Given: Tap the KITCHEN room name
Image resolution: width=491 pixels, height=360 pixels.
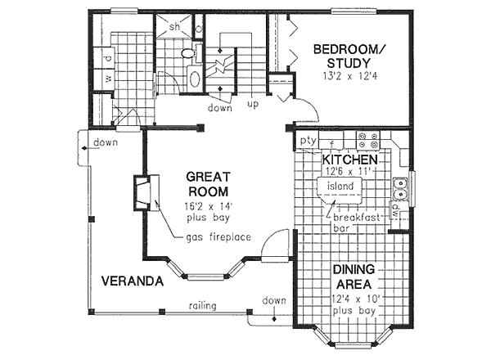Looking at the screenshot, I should pyautogui.click(x=349, y=159).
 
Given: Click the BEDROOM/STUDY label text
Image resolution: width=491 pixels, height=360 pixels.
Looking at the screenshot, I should pyautogui.click(x=348, y=57).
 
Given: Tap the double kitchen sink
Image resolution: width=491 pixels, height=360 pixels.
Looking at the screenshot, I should pyautogui.click(x=401, y=189).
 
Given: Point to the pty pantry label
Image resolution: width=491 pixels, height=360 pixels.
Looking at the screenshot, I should pyautogui.click(x=307, y=142).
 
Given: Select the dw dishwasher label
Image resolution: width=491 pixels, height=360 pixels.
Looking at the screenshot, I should pyautogui.click(x=396, y=208).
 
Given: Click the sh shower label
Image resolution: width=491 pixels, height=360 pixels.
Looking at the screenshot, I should pyautogui.click(x=174, y=26).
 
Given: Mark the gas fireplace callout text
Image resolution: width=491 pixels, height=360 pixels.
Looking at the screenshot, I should pyautogui.click(x=218, y=237).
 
